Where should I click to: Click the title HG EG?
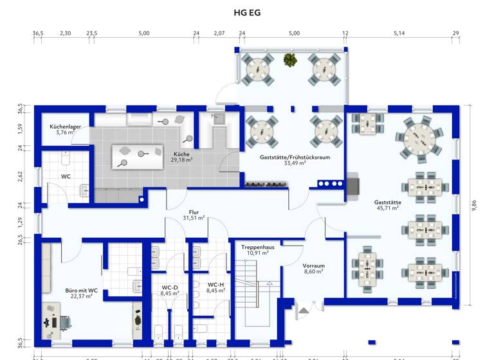click(247, 12)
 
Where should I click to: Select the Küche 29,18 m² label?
click(182, 157)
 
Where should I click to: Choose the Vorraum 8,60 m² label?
click(313, 268)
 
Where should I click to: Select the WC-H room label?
click(215, 287)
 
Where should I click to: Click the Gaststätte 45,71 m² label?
click(387, 204)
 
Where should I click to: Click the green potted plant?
click(290, 60)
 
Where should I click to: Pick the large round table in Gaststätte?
click(419, 139)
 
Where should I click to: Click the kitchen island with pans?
click(139, 156)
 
